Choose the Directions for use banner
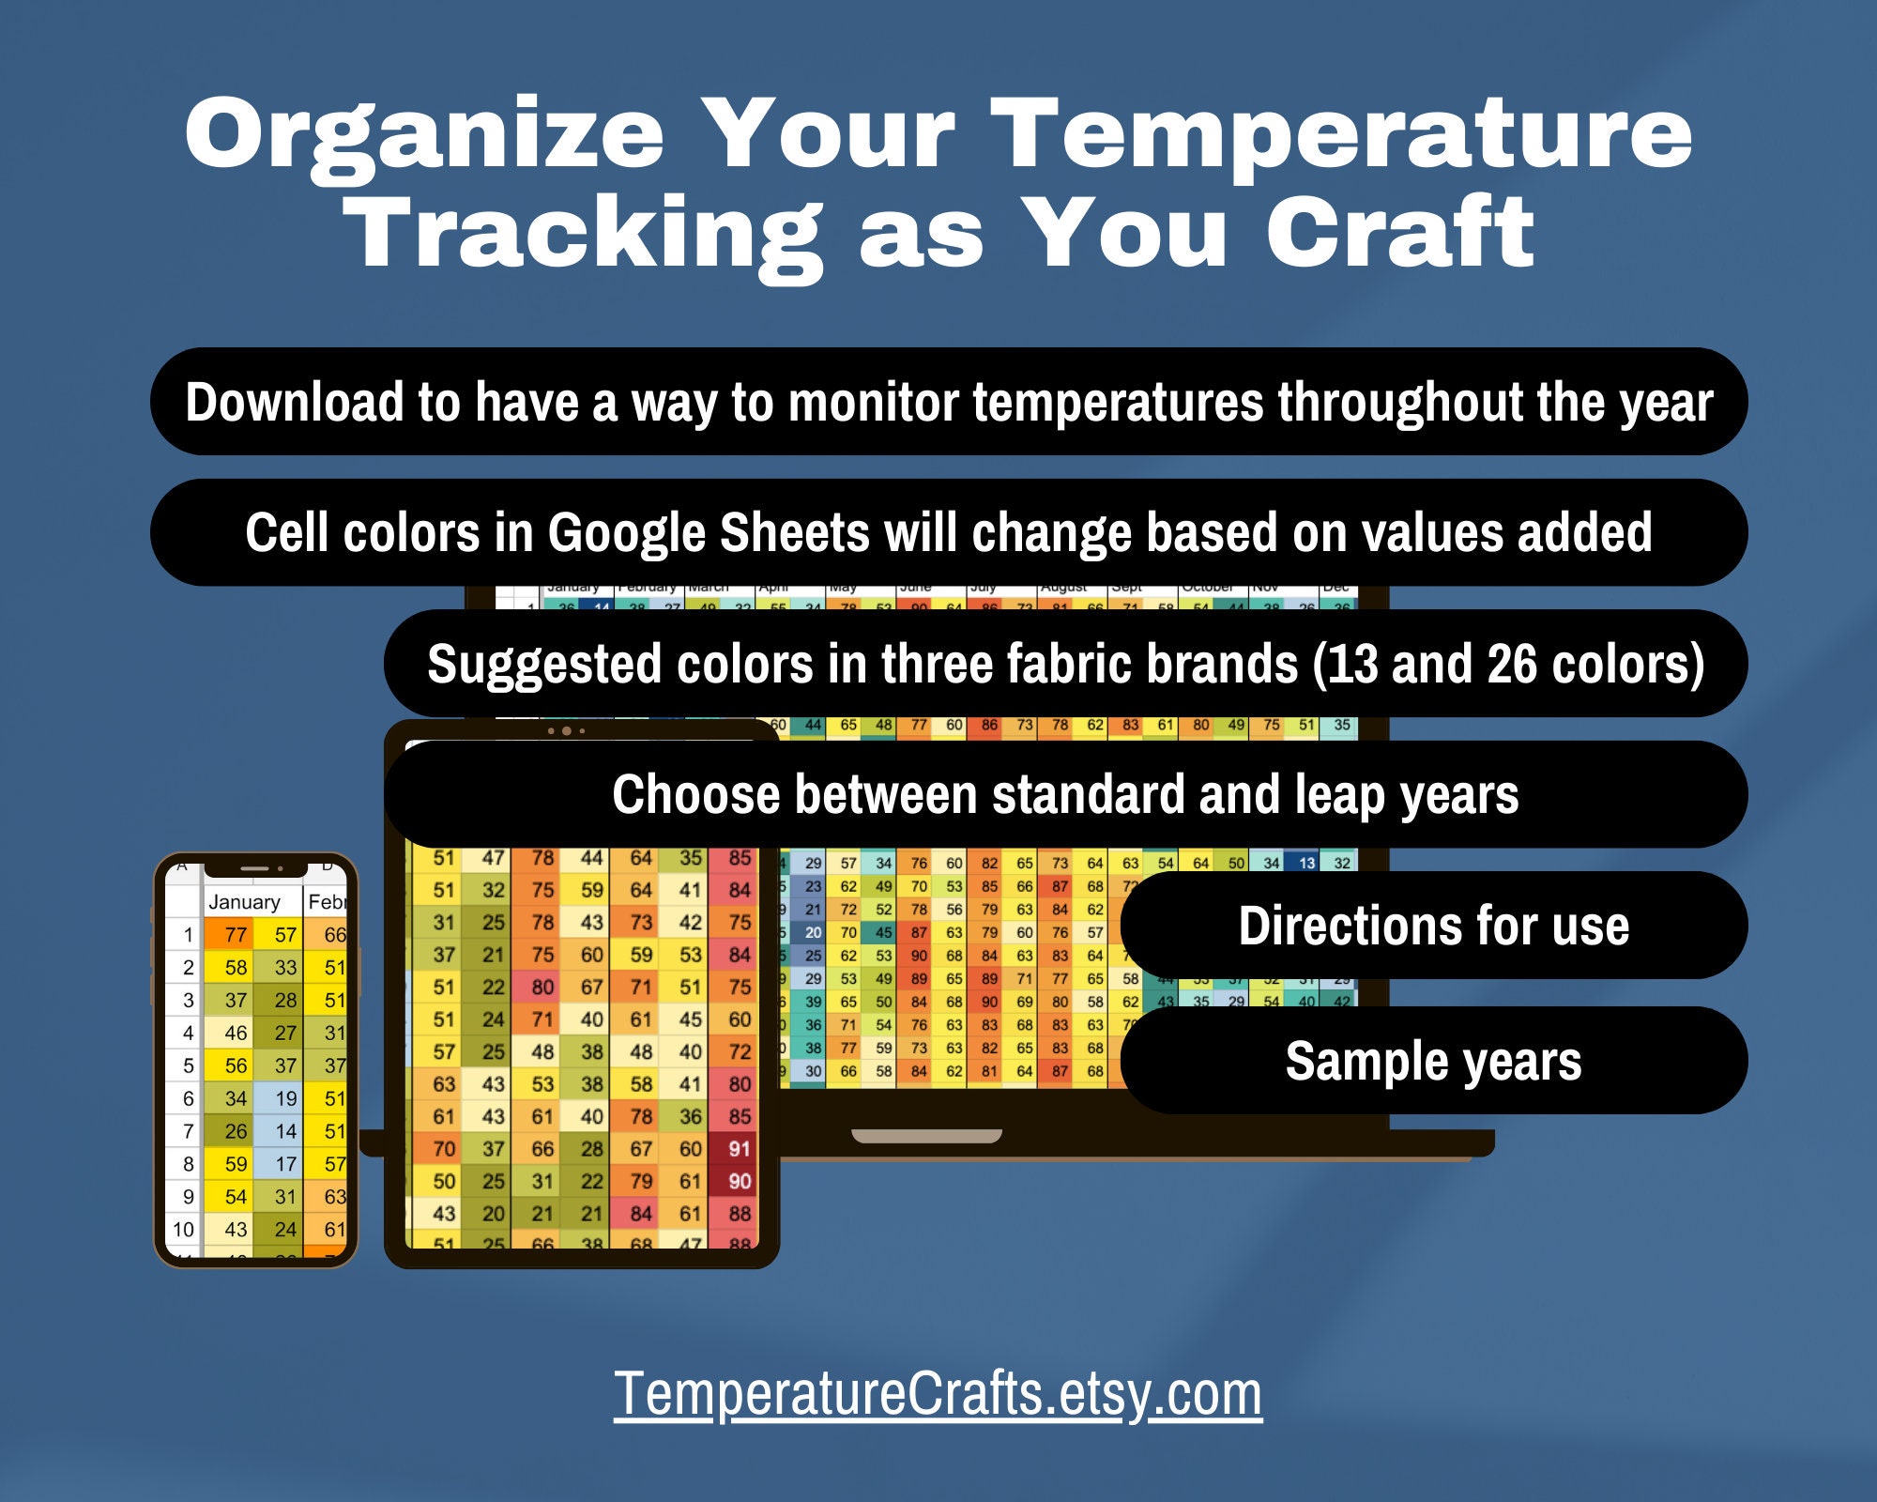pyautogui.click(x=1433, y=926)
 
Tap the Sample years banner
pyautogui.click(x=1433, y=1061)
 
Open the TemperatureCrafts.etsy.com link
pyautogui.click(x=938, y=1393)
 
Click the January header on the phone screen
pyautogui.click(x=244, y=902)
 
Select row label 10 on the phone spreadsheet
pyautogui.click(x=183, y=1229)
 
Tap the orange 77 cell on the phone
pyautogui.click(x=236, y=935)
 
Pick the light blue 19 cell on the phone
pyautogui.click(x=285, y=1098)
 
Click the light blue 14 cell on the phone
pyautogui.click(x=285, y=1131)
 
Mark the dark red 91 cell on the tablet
pyautogui.click(x=739, y=1149)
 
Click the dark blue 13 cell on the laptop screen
pyautogui.click(x=1305, y=863)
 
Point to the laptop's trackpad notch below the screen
pyautogui.click(x=926, y=1136)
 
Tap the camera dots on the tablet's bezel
pyautogui.click(x=566, y=730)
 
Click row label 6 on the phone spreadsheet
pyautogui.click(x=188, y=1098)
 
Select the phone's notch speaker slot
pyautogui.click(x=254, y=868)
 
